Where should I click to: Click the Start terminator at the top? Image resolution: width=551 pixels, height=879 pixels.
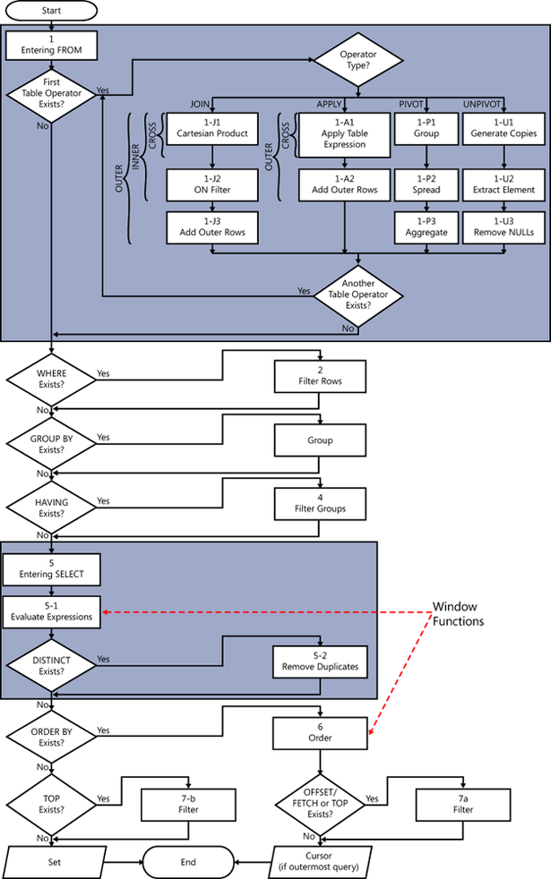click(52, 13)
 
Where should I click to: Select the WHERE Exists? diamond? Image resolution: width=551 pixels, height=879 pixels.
click(52, 379)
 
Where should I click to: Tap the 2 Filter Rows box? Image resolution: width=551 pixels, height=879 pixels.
click(320, 375)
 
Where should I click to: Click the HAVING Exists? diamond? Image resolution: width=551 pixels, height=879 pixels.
click(52, 507)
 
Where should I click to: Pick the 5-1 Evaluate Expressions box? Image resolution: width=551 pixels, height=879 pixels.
click(51, 612)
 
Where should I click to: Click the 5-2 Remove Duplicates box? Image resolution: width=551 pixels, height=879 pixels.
click(320, 661)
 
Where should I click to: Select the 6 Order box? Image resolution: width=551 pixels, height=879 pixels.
click(320, 734)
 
